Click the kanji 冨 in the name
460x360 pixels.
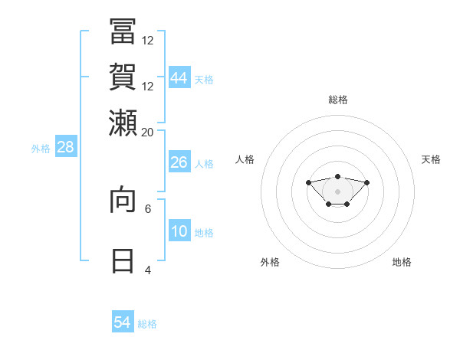(x=123, y=31)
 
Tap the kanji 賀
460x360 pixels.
(x=123, y=77)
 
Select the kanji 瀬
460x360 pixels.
(x=123, y=123)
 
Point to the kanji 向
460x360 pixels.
(x=123, y=199)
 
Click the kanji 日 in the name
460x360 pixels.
(x=123, y=261)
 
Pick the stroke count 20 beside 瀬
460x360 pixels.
(x=147, y=133)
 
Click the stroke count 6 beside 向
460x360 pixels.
(x=148, y=209)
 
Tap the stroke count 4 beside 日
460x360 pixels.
(x=148, y=270)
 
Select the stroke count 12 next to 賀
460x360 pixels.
(x=147, y=87)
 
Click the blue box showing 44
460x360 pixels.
(x=179, y=77)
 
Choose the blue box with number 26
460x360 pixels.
(x=179, y=162)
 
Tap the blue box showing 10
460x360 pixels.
(x=179, y=230)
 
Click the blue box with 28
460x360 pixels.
(x=66, y=146)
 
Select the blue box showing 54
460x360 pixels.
(x=123, y=321)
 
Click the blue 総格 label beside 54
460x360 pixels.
(x=147, y=324)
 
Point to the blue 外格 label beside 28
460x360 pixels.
(x=41, y=149)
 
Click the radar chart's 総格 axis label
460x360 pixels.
(x=338, y=100)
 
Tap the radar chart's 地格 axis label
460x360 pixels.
(x=402, y=262)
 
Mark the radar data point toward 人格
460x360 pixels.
(x=308, y=182)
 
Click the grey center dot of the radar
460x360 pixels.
(x=337, y=191)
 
